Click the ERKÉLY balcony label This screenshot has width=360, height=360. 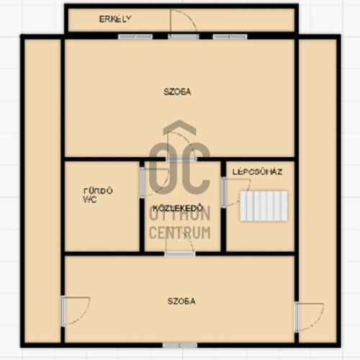[115, 19]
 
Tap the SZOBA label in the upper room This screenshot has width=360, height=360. [177, 92]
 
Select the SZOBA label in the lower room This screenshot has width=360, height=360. [181, 301]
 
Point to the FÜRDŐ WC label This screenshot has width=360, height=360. [98, 195]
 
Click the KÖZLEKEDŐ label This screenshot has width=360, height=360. [178, 207]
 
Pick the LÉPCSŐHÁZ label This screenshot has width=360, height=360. [257, 172]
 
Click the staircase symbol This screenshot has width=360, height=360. [264, 206]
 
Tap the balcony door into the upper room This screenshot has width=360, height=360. [184, 23]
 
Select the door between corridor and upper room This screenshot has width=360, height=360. [181, 146]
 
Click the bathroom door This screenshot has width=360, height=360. [154, 182]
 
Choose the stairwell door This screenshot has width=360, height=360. [236, 192]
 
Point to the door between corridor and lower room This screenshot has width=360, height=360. [180, 242]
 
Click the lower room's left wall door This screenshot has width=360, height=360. [76, 311]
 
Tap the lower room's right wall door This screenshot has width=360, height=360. [310, 318]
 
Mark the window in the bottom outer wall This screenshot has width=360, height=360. [180, 346]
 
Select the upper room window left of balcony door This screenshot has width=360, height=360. [135, 37]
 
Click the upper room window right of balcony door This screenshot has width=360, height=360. [230, 37]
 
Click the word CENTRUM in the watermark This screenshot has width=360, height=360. [180, 233]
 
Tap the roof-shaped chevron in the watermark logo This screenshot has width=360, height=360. [179, 127]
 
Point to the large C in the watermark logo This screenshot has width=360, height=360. [199, 168]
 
